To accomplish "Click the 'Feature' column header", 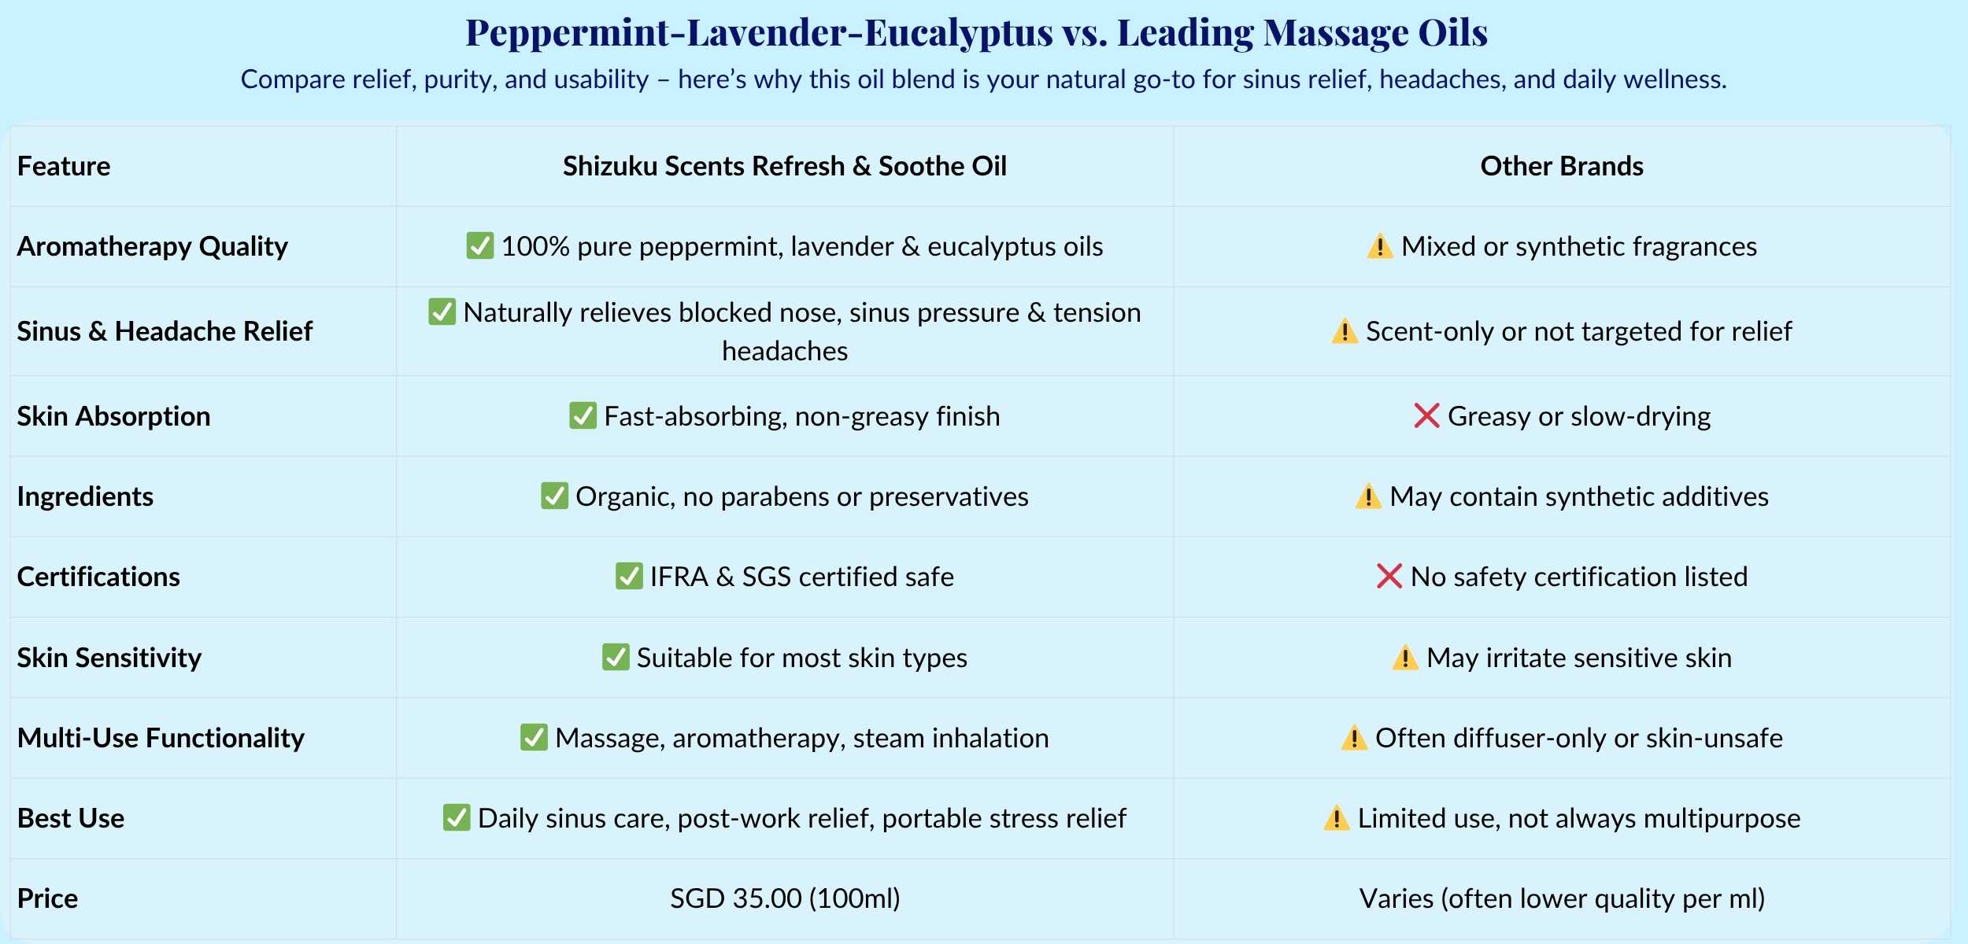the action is point(64,166).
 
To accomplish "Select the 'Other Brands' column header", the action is point(1562,166).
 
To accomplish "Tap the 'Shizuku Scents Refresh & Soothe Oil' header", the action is point(785,166).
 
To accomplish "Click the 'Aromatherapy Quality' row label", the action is point(153,247).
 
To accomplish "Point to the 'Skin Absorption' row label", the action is point(114,416).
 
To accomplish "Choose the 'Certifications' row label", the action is point(98,577).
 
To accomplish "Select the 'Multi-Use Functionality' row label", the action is point(161,738).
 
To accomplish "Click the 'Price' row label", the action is point(47,898).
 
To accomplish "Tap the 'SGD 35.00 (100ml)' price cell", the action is point(785,898).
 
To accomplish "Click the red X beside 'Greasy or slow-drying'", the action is point(1426,415).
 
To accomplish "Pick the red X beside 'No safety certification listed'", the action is point(1389,576).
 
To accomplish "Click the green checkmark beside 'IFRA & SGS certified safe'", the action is point(629,576).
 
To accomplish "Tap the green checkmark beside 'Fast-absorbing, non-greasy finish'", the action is point(583,415).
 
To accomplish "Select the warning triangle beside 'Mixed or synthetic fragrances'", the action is point(1380,246).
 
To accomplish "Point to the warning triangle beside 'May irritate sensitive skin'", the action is point(1405,658).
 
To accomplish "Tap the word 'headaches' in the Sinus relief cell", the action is point(785,351).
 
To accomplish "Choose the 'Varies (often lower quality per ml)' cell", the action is point(1562,898).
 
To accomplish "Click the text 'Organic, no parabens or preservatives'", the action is point(802,497).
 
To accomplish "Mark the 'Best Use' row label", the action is point(71,818).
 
